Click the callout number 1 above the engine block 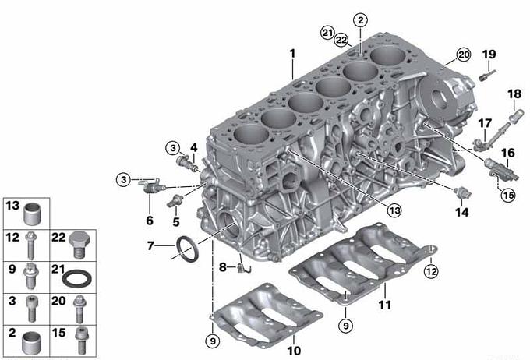(x=292, y=54)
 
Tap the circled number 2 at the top (x=361, y=20)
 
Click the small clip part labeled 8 (x=245, y=268)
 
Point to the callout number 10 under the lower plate (x=294, y=351)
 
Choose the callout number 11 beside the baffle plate (x=385, y=305)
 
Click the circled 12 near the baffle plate (x=431, y=271)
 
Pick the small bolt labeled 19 (x=486, y=75)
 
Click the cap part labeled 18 (x=517, y=115)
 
